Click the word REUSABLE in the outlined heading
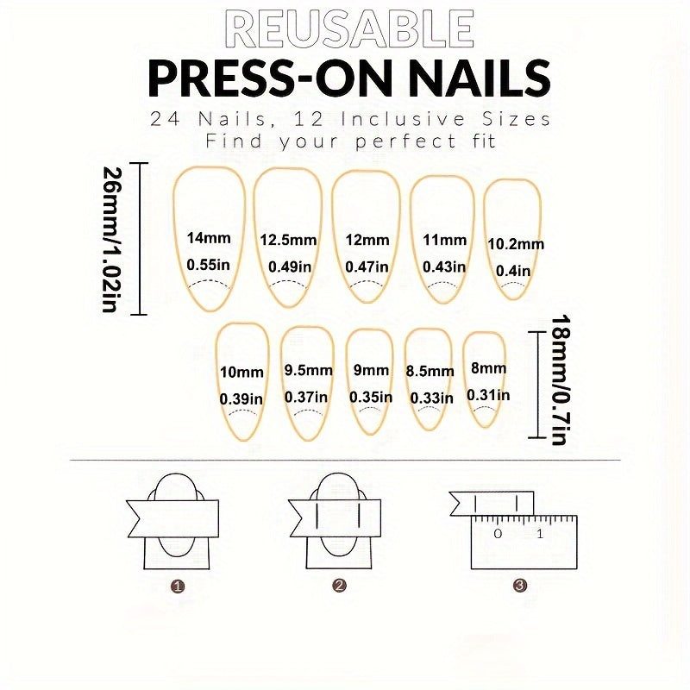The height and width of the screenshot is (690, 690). [349, 30]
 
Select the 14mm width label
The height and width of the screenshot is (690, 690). [209, 238]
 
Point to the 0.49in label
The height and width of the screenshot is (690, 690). [290, 267]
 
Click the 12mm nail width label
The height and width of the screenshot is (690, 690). [367, 241]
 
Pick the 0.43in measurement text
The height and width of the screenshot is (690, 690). [444, 267]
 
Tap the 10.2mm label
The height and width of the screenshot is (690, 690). [516, 244]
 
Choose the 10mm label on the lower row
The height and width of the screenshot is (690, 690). [241, 373]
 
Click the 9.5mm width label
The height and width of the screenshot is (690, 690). [308, 371]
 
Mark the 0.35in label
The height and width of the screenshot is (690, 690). [371, 398]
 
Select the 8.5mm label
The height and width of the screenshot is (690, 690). [430, 372]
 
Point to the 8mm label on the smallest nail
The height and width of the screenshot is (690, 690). [488, 368]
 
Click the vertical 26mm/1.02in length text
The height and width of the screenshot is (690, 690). [110, 239]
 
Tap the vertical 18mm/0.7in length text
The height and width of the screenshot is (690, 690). [560, 379]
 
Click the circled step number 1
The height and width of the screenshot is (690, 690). [178, 586]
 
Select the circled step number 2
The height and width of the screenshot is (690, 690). [339, 586]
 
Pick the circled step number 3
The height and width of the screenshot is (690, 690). [520, 586]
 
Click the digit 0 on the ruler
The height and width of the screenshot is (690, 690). [498, 534]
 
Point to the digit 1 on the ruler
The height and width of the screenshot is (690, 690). [540, 534]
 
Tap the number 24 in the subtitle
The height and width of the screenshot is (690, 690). [165, 119]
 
